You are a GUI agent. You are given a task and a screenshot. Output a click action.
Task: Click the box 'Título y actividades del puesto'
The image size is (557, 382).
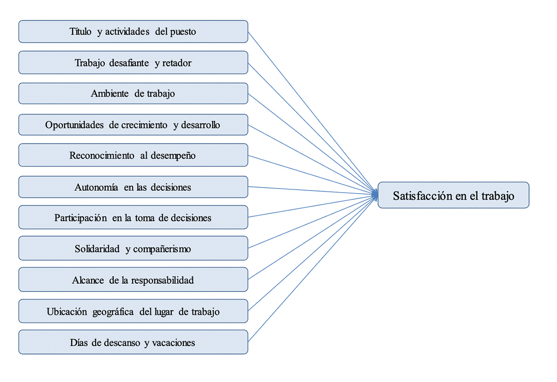pos(133,32)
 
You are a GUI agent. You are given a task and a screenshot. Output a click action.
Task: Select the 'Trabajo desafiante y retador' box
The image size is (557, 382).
pos(133,62)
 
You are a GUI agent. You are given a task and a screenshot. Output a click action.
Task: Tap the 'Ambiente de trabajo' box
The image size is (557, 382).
pos(133,93)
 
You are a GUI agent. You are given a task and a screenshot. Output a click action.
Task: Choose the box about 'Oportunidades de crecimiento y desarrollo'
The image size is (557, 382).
pos(133,125)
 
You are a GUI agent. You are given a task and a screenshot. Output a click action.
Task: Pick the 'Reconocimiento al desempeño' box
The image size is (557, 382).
pos(133,155)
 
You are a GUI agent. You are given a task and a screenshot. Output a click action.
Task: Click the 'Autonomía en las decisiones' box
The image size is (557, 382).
pos(133,187)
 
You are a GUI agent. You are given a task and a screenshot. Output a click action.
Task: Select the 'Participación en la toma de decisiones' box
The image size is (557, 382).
pos(133,218)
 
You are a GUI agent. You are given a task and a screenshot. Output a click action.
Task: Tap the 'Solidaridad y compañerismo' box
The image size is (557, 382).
pos(133,249)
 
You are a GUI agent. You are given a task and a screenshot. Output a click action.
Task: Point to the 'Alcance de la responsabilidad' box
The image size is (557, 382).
pos(133,280)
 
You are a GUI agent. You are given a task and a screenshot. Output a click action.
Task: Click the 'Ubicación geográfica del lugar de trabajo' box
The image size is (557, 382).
pos(133,312)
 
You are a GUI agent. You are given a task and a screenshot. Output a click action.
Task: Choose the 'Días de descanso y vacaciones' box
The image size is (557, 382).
pos(133,342)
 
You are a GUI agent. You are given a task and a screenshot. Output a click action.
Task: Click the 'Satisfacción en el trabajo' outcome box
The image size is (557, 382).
pos(453,195)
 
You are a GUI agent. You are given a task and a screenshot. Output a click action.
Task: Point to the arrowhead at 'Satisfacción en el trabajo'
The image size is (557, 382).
pos(375,194)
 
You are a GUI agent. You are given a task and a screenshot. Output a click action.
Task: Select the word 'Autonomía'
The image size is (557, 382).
pos(96,187)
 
